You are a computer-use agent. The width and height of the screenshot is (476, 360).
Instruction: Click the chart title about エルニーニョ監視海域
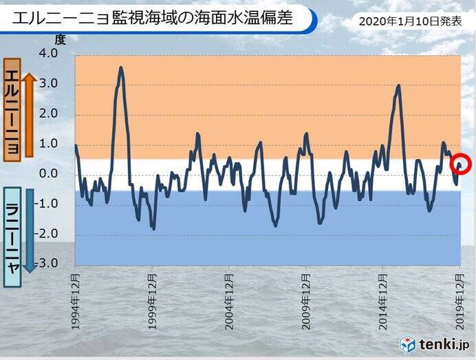point(152,19)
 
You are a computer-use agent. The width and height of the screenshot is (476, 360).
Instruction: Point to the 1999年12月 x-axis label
point(152,300)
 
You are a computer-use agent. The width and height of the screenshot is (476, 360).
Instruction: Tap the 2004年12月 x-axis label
point(229,300)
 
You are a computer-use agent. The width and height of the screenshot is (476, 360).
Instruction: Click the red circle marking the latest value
point(460,165)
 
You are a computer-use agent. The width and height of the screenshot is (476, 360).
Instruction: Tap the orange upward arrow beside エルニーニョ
point(29,114)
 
